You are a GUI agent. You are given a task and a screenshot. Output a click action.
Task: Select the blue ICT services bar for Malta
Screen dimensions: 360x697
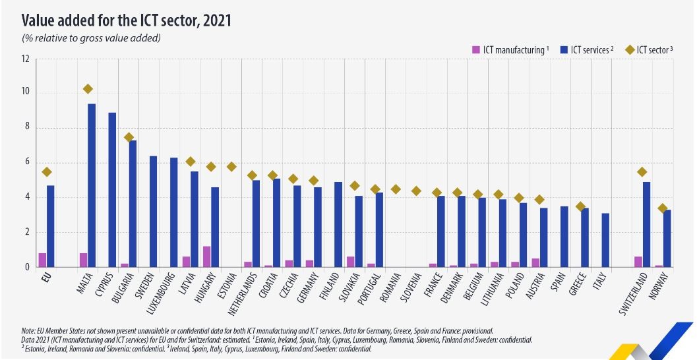[92, 185]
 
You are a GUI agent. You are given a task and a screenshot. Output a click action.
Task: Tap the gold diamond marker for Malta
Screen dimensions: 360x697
[88, 89]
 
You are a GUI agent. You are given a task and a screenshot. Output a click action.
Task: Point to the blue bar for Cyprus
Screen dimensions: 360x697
[112, 190]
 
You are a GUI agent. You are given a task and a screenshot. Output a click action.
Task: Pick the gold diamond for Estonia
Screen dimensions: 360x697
[231, 167]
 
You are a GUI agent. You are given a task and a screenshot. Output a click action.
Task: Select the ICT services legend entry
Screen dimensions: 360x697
[587, 50]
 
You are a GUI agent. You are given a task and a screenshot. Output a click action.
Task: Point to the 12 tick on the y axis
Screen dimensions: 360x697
[26, 59]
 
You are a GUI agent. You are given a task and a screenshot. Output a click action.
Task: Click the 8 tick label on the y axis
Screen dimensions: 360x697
[26, 128]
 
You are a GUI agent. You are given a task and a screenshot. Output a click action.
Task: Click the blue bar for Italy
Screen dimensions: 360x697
[605, 240]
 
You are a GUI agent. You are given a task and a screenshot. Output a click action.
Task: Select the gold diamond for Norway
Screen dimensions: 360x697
[663, 208]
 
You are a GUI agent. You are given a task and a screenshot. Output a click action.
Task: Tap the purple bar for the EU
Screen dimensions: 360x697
[42, 260]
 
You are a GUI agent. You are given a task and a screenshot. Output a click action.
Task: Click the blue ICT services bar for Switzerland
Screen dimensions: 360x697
[647, 224]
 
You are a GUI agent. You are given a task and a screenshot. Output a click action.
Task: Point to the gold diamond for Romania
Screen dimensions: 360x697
[396, 189]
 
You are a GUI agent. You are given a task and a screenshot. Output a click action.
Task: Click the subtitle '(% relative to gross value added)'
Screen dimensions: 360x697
[92, 38]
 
